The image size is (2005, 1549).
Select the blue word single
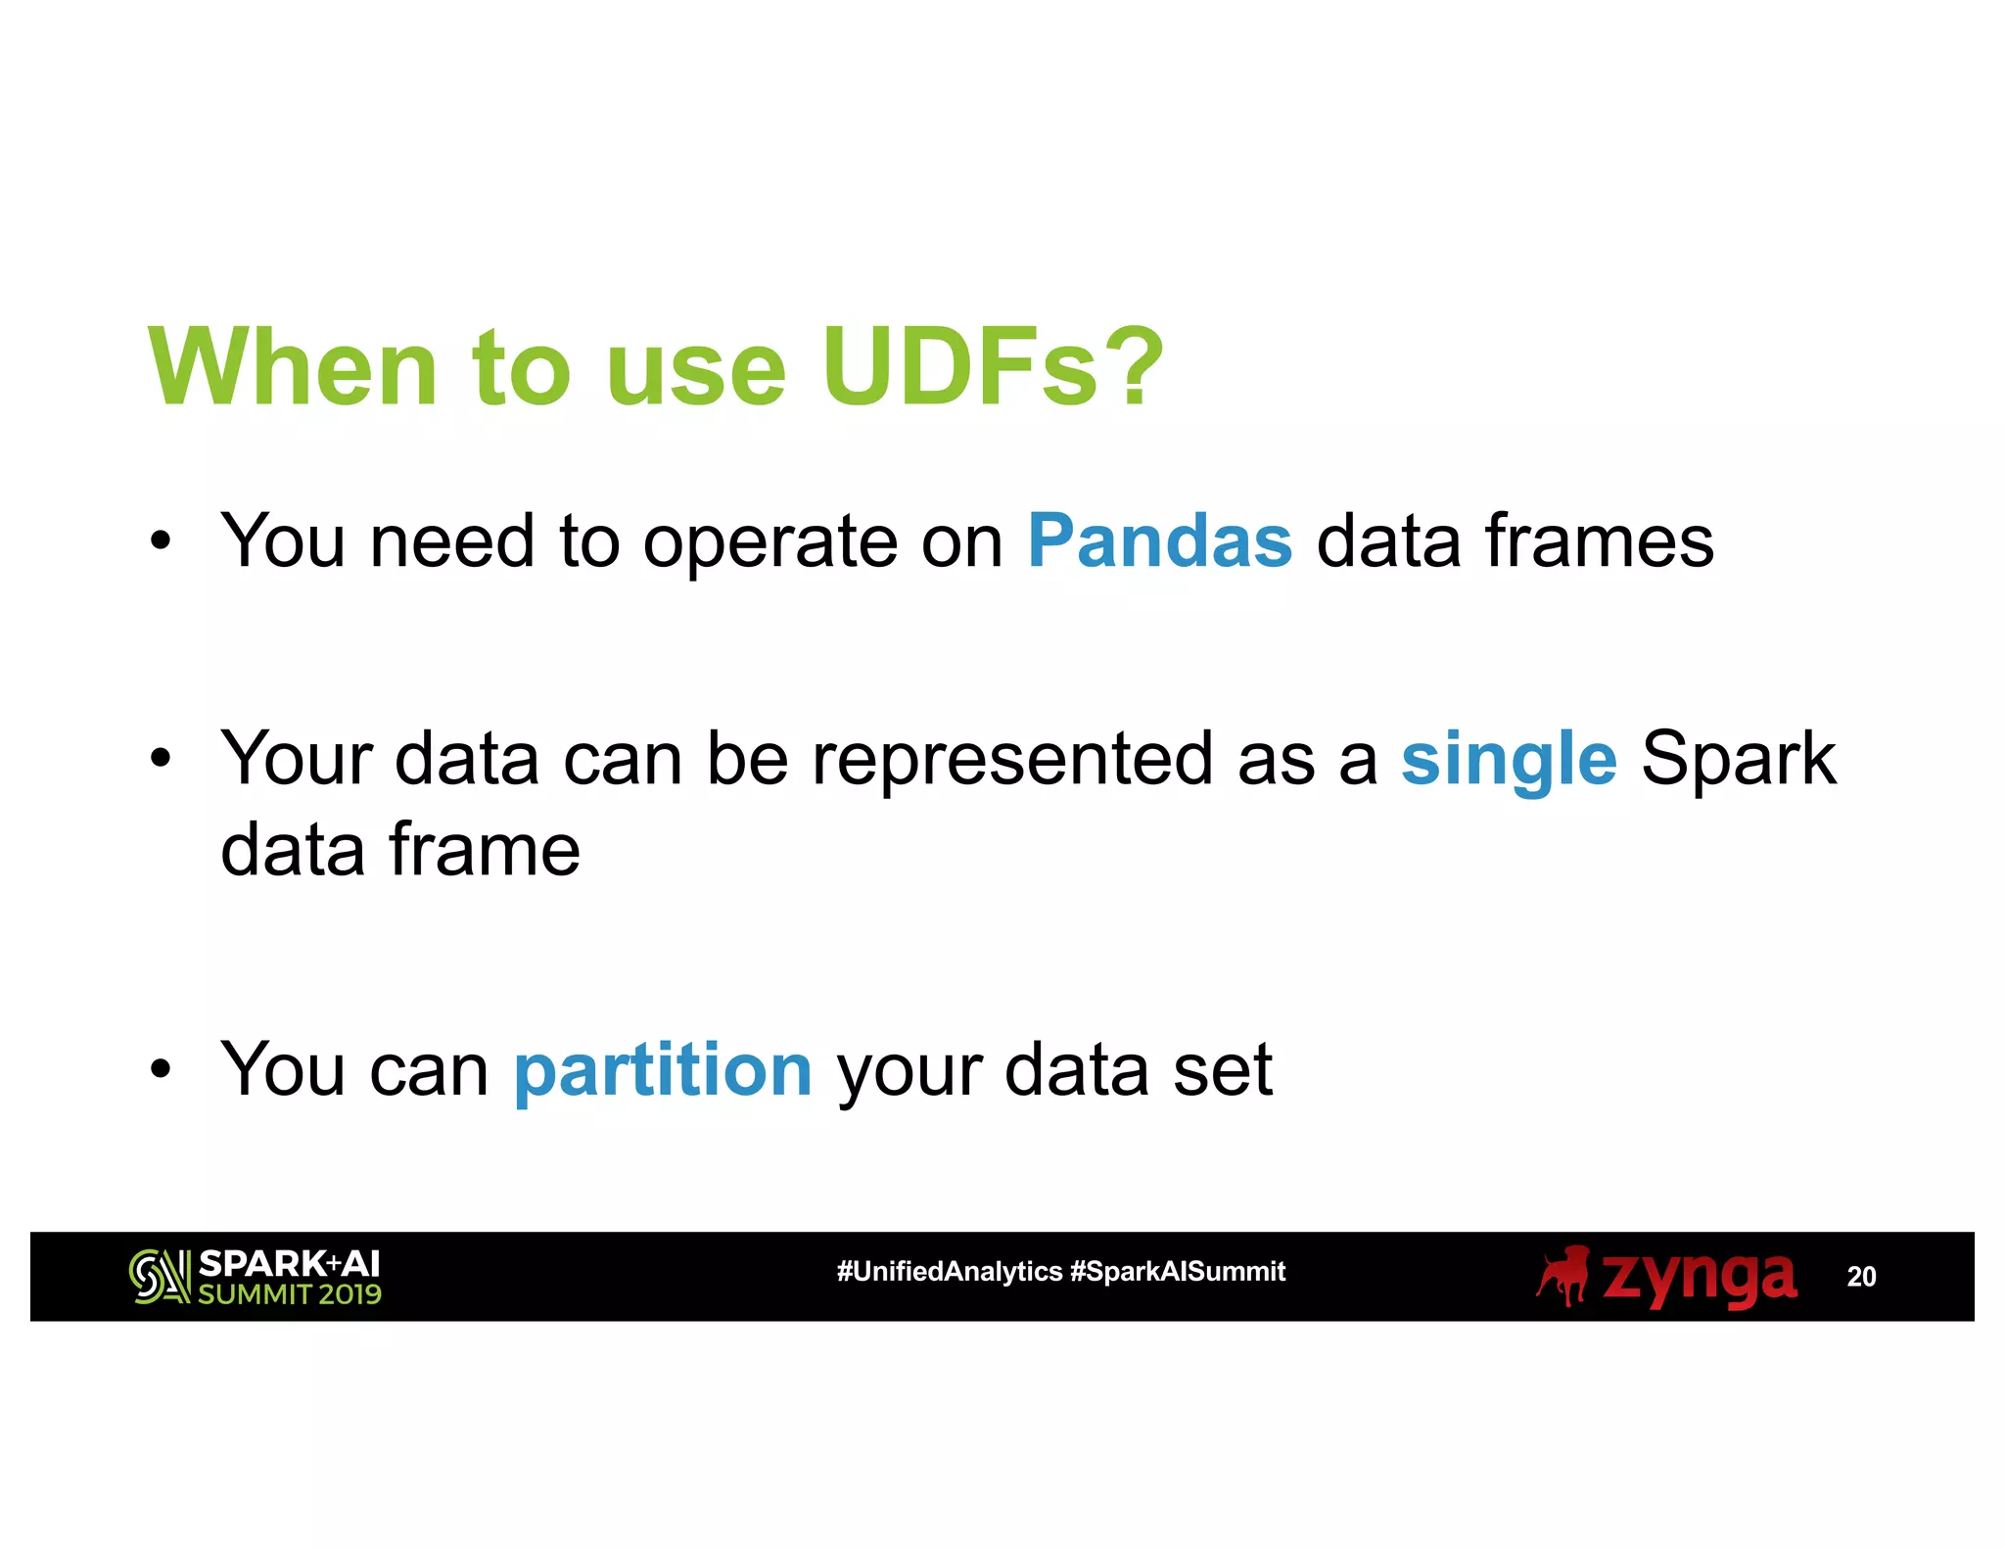pos(1508,760)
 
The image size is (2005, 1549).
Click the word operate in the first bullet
pos(769,543)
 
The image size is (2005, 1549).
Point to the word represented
pos(1012,760)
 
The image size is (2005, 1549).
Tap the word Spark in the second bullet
pos(1738,760)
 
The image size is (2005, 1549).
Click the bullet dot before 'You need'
pos(161,540)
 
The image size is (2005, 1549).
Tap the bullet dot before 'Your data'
pos(161,758)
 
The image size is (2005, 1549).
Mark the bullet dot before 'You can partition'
pos(161,1069)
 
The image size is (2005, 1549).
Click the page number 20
pos(1860,1277)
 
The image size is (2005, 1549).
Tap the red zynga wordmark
pos(1699,1277)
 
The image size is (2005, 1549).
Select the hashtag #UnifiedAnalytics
pos(949,1271)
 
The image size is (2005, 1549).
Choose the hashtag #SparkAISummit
pos(1177,1271)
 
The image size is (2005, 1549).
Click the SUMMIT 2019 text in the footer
pos(289,1294)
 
